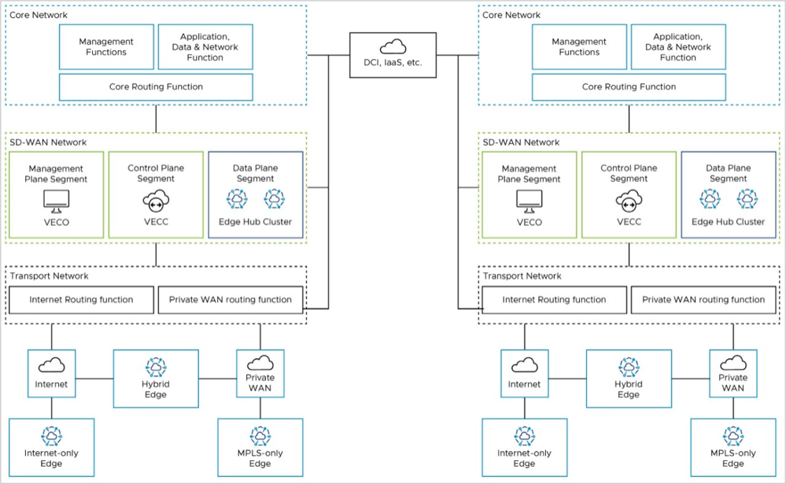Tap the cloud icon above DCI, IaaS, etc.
coord(393,46)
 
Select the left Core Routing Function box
coord(156,87)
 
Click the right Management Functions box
coord(579,47)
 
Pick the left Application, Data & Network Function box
coord(205,47)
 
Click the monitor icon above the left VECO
coord(56,202)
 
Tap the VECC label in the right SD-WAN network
coord(629,222)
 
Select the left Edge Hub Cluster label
coord(255,222)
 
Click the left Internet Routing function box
coord(81,300)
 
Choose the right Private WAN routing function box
coord(703,300)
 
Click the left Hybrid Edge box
coord(156,379)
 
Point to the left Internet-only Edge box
coord(52,447)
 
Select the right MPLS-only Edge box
coord(732,447)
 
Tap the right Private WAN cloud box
coord(732,373)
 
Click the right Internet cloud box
coord(524,373)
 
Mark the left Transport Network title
coord(49,276)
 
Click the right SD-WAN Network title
coord(520,142)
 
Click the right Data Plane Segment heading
coord(728,173)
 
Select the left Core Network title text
coord(39,15)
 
